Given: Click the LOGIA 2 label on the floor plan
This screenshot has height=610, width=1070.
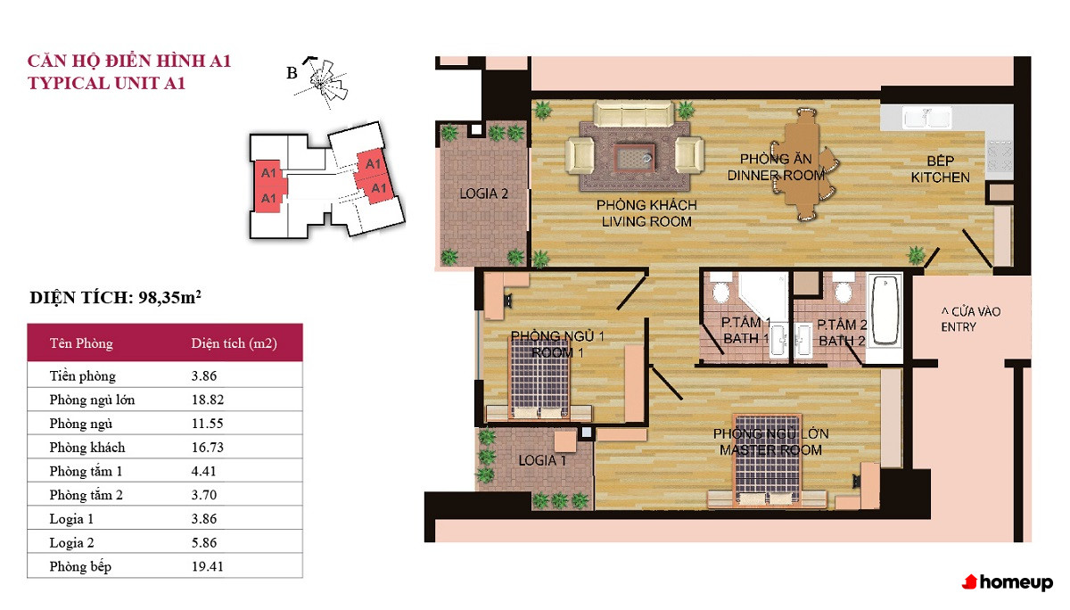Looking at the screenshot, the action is (483, 194).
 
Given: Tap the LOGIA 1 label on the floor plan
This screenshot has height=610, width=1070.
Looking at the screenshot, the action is (542, 460).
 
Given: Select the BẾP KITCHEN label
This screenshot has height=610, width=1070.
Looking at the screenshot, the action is (940, 169).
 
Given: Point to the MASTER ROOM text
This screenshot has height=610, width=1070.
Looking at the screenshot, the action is (770, 450).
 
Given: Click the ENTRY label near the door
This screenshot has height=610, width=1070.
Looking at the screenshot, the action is (959, 327).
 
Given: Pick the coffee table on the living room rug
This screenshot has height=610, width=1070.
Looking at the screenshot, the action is (633, 159).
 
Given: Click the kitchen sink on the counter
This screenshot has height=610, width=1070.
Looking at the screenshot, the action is (926, 117).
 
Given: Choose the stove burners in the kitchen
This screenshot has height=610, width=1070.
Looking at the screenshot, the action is (999, 155).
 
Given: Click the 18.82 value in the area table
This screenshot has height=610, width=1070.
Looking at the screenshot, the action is (207, 400).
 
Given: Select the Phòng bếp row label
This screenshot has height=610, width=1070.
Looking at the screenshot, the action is (80, 566).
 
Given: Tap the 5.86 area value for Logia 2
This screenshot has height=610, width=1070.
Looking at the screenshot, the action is (204, 542).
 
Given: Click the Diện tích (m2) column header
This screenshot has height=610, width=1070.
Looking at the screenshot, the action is (234, 343).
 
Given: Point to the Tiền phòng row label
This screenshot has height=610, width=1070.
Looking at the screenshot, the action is (83, 376).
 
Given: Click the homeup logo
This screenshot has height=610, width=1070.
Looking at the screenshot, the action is (1008, 581).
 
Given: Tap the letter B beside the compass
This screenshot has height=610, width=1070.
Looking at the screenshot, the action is (292, 73).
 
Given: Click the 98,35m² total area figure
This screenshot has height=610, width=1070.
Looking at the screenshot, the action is (169, 297).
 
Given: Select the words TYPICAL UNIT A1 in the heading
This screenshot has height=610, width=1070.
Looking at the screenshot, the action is (106, 83).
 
